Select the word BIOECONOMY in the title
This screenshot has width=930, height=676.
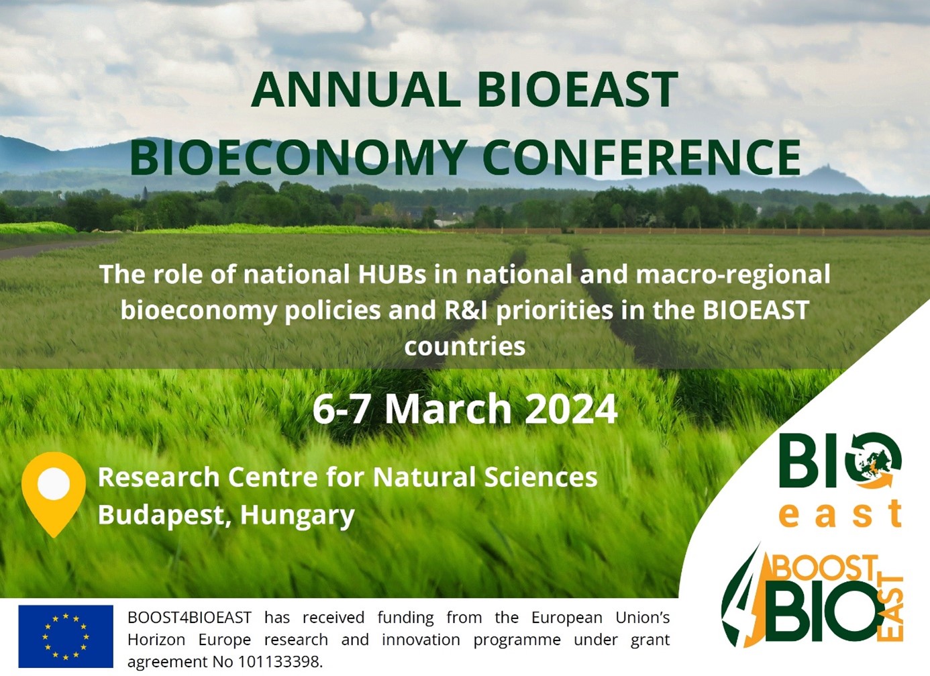[298, 158]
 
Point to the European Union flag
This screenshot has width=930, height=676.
[66, 636]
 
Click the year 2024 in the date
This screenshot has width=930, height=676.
[570, 409]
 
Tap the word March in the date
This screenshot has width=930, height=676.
[448, 409]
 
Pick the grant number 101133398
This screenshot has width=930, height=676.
[278, 661]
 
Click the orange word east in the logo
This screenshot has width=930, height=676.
[840, 514]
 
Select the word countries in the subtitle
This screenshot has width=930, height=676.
[464, 346]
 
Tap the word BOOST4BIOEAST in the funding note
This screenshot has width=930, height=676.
[189, 617]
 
